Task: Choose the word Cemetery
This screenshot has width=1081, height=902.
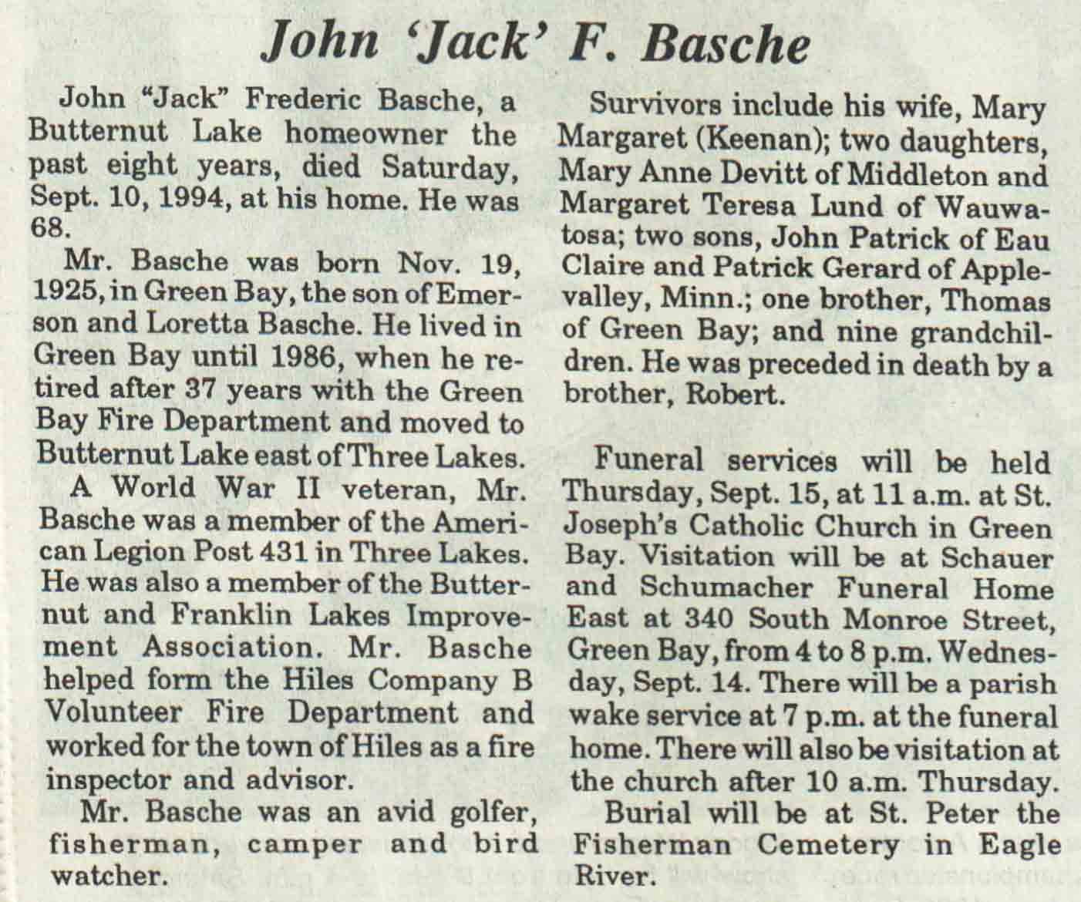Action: point(827,845)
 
